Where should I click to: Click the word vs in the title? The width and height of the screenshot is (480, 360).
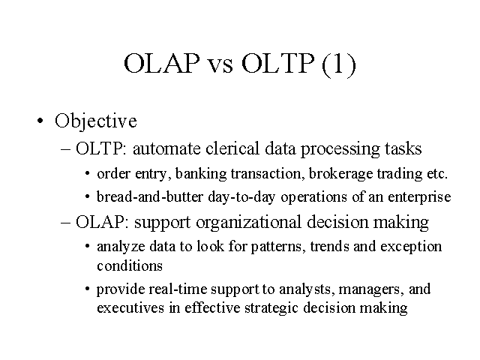220,64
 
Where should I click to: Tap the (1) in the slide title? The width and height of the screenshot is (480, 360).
339,64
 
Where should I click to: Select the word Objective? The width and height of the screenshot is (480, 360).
96,121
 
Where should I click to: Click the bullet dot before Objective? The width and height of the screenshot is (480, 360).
40,120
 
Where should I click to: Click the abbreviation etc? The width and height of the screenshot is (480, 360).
437,174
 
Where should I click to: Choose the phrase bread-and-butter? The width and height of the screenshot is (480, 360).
150,196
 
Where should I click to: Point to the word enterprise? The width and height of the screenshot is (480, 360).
419,197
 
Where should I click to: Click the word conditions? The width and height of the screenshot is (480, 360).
130,265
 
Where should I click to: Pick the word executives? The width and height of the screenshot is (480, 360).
130,307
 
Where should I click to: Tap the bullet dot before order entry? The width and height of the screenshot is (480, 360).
88,173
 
